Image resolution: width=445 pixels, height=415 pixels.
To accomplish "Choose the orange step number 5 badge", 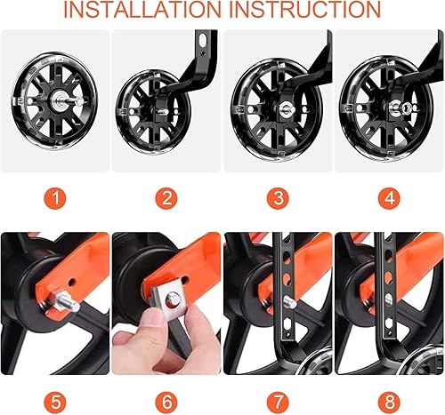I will point(54,396).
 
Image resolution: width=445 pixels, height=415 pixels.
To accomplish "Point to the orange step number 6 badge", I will point(166,396).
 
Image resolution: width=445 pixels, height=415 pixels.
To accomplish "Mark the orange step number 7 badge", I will point(277,396).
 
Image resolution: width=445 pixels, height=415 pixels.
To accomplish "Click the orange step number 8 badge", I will point(388,396).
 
